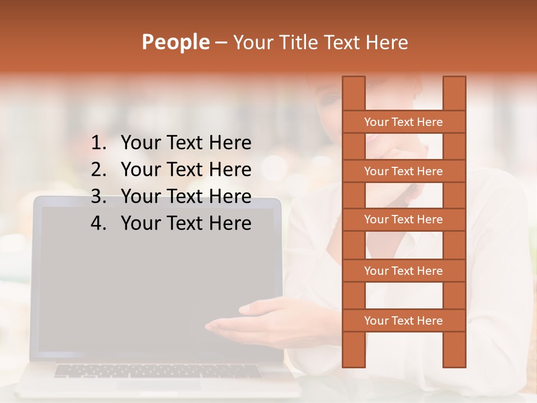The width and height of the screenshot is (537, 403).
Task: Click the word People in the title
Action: pos(175,42)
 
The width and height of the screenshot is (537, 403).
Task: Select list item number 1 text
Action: pos(186,143)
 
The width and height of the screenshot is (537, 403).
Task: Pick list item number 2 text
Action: pos(186,170)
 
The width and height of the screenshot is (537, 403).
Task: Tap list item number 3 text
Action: pos(186,196)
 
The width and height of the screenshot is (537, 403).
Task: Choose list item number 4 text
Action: pos(186,223)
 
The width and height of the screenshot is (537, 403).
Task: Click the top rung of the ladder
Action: pos(403,122)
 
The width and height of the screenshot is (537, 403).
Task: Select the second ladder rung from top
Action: pos(403,171)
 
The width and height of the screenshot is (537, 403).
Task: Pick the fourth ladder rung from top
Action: pos(403,271)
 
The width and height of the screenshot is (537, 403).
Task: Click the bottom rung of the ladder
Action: pos(403,321)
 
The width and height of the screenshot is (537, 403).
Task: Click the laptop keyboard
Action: pos(157,371)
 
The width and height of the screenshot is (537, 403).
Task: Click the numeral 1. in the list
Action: pos(98,143)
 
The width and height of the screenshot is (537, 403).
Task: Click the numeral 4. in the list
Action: pos(98,223)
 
